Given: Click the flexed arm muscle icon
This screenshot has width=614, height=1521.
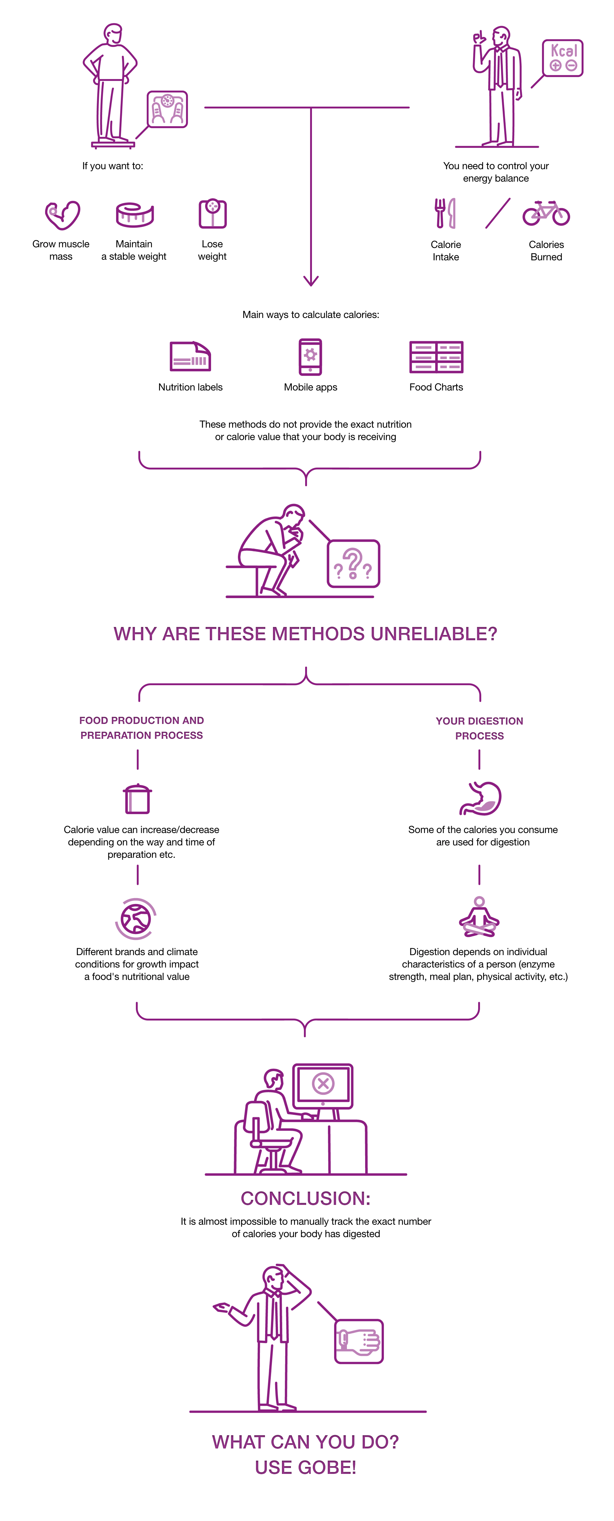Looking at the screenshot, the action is pos(63,215).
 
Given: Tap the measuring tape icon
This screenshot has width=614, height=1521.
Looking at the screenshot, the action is pos(135,215).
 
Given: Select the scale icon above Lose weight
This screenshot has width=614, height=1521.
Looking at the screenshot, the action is pos(212,213).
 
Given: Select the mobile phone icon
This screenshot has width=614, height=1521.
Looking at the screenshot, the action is pos(310,357).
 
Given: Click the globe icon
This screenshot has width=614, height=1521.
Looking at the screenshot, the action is pos(136,919).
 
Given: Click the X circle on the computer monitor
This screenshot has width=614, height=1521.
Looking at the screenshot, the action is pos(323,1083).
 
